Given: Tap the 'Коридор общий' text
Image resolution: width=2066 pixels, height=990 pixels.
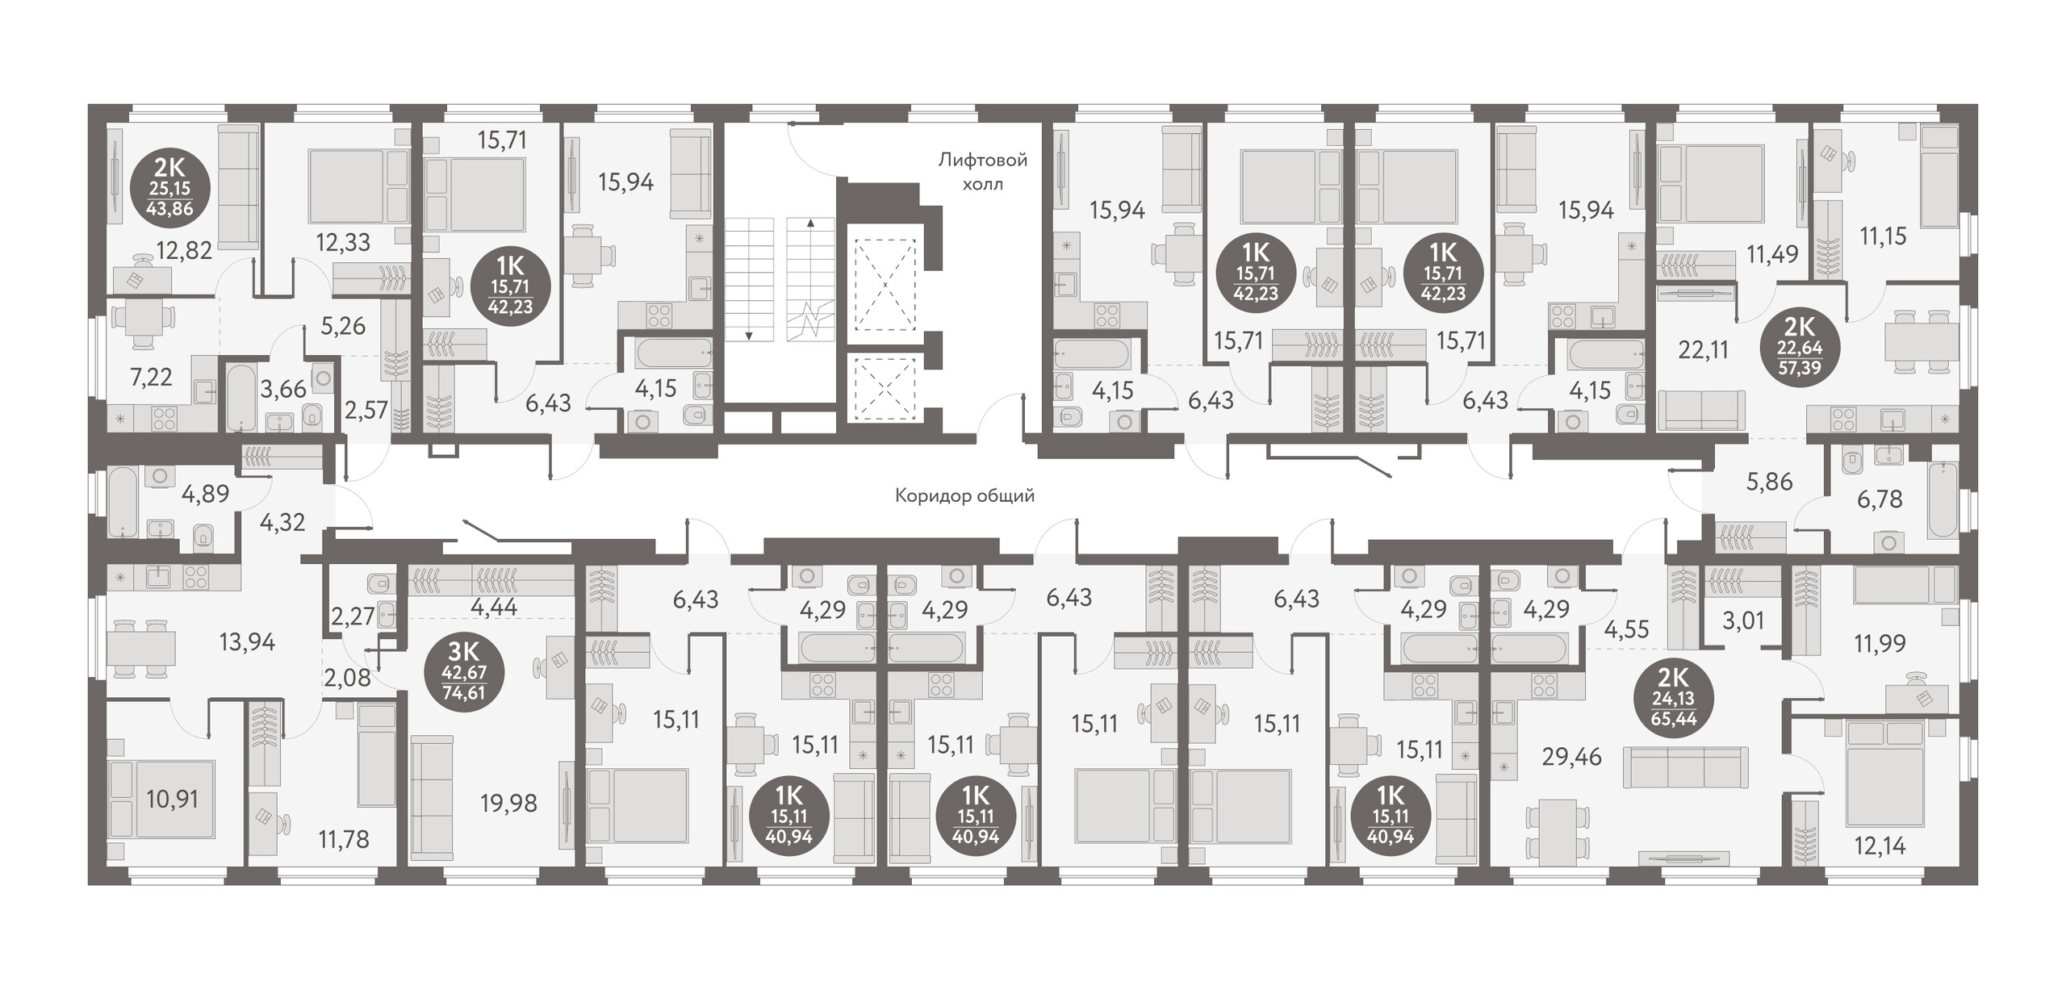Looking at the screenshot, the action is pyautogui.click(x=964, y=495).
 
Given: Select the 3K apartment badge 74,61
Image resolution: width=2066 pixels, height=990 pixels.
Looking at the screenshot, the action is pyautogui.click(x=463, y=672).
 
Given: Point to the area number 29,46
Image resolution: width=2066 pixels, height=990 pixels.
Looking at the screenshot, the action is pyautogui.click(x=1571, y=757).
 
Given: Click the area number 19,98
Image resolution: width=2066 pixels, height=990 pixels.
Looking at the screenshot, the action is pyautogui.click(x=508, y=803).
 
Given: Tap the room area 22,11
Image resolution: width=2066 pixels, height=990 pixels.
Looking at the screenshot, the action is pyautogui.click(x=1703, y=349).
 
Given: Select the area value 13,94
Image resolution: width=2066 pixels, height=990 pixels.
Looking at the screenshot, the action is pyautogui.click(x=247, y=642).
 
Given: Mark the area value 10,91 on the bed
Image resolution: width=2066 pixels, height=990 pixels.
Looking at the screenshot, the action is pyautogui.click(x=172, y=799).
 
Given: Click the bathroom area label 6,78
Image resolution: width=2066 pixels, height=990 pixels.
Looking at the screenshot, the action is pyautogui.click(x=1880, y=499).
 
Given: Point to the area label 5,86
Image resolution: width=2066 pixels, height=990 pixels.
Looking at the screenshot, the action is pyautogui.click(x=1769, y=482).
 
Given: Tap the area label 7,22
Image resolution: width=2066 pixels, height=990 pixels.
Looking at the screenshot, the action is pyautogui.click(x=151, y=377).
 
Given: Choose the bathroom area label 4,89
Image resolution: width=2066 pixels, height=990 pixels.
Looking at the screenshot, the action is pyautogui.click(x=205, y=494).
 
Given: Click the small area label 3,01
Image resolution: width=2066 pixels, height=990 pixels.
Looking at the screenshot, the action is pyautogui.click(x=1743, y=620).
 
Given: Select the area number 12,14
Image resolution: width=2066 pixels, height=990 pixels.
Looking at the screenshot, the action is pyautogui.click(x=1880, y=846).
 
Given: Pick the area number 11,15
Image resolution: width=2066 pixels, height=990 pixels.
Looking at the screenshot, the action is pyautogui.click(x=1883, y=236).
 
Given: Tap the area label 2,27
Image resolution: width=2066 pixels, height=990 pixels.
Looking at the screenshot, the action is pyautogui.click(x=353, y=616).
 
